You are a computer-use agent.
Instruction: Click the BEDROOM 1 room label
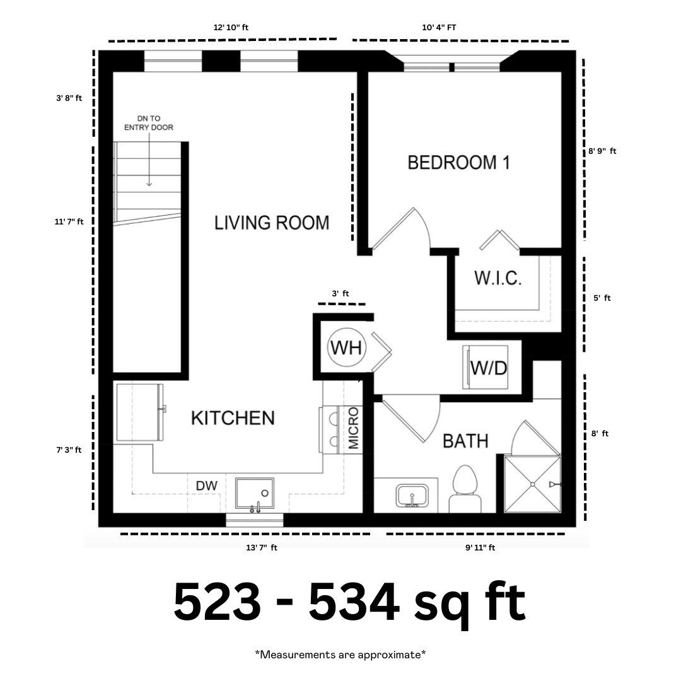coord(458,163)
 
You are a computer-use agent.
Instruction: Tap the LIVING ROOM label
coord(272,223)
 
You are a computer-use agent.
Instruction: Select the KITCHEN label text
coord(233,418)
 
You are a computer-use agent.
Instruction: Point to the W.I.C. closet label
coord(498,278)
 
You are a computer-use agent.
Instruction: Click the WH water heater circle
coord(346,347)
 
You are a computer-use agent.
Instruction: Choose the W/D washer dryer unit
coord(486,368)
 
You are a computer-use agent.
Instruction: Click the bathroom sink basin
coord(412,496)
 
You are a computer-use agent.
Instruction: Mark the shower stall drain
coord(532,484)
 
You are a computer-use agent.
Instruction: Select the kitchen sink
coord(255,493)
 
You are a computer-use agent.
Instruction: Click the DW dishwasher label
coord(206,486)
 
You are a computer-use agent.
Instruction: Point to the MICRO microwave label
coord(354,428)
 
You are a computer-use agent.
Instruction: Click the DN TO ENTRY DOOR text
coord(149,123)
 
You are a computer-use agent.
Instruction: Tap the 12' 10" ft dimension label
coord(231,27)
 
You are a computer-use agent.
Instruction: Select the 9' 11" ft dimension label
coord(480,548)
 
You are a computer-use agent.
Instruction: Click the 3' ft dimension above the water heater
coord(340,294)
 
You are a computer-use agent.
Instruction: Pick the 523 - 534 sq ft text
coord(349,603)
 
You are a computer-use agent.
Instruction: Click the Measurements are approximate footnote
coord(340,654)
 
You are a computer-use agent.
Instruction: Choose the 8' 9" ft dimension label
coord(602,151)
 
